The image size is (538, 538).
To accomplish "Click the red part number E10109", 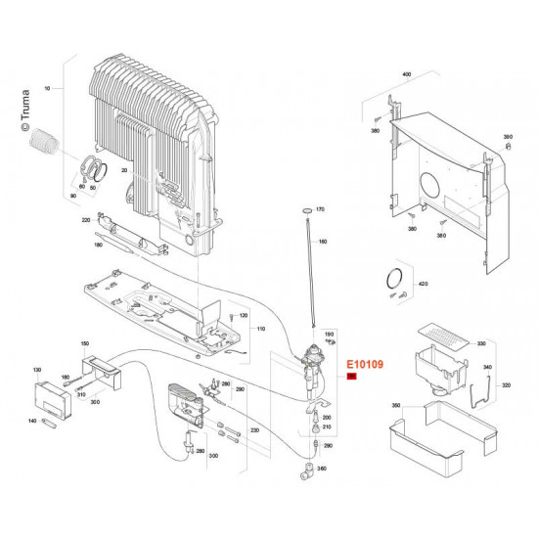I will (364, 362).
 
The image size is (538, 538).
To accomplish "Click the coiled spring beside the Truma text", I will (48, 143).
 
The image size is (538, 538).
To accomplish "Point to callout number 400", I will (407, 74).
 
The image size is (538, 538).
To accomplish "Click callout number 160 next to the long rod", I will (323, 242).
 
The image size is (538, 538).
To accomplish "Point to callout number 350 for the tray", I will (396, 405).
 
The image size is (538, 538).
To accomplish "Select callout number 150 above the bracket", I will (84, 344).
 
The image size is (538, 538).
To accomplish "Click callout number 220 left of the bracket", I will (86, 218).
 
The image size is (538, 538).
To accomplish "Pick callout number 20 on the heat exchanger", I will (124, 171).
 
